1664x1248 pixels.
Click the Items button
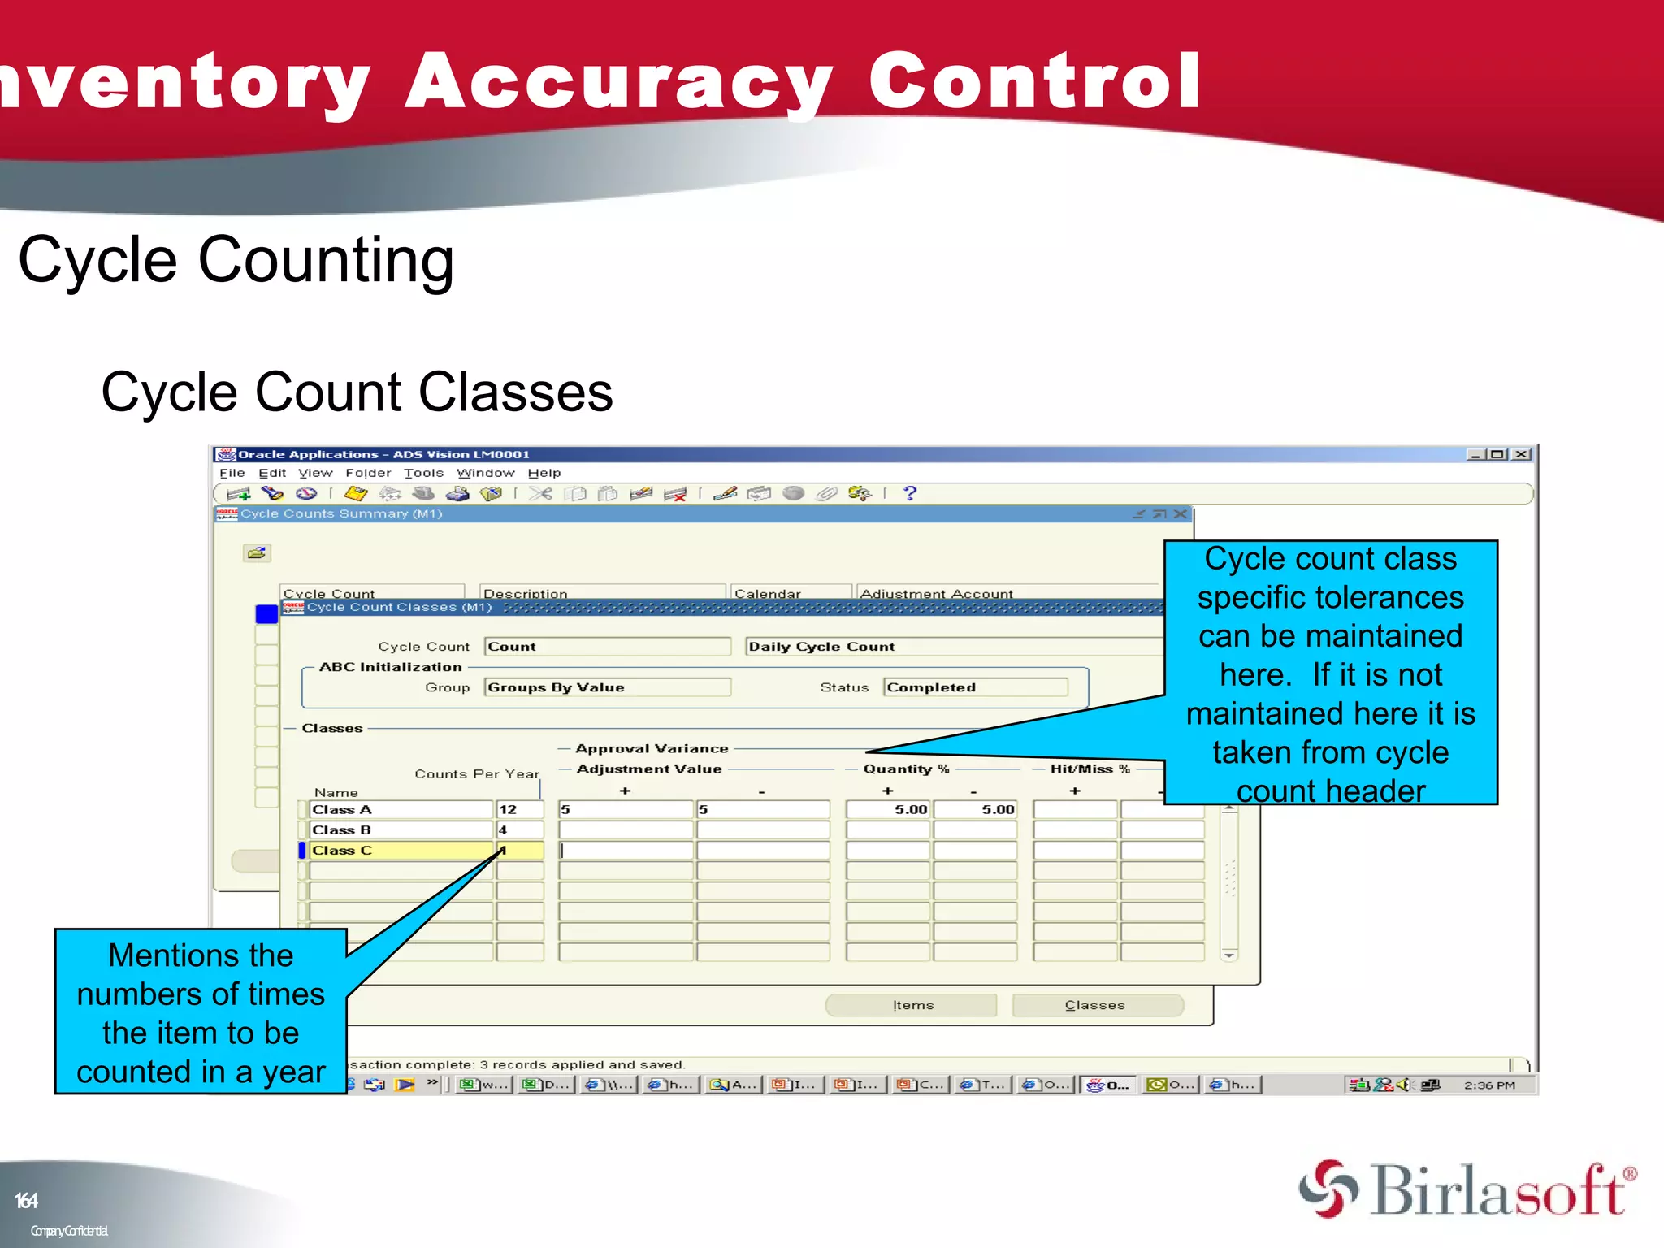912,1005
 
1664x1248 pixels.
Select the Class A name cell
401,809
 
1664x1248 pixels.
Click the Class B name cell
401,830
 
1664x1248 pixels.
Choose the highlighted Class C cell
401,850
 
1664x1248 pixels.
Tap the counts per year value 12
518,809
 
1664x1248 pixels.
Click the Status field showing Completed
975,687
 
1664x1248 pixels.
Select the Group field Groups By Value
607,687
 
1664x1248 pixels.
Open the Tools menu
423,473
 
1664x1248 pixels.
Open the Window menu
485,473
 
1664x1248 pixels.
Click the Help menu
544,473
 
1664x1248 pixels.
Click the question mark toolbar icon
910,493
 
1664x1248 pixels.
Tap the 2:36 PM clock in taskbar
1489,1085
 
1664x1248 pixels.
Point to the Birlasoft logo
1467,1189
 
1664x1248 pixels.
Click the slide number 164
26,1201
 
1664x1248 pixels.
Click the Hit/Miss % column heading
1090,769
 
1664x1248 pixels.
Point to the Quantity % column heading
906,769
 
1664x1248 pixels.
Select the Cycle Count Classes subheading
357,392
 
